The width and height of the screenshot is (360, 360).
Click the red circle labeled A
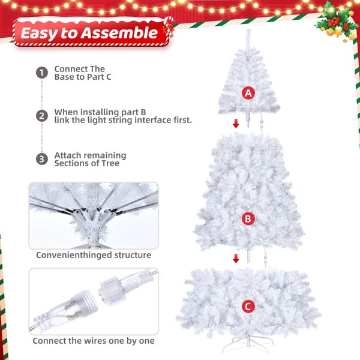pyautogui.click(x=248, y=93)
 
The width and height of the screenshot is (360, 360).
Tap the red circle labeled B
pyautogui.click(x=248, y=219)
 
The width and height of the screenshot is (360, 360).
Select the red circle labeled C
pyautogui.click(x=248, y=307)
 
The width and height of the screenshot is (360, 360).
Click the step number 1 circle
pyautogui.click(x=41, y=73)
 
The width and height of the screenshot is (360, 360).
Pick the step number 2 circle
pyautogui.click(x=41, y=116)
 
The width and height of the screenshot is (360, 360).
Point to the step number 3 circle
pyautogui.click(x=41, y=159)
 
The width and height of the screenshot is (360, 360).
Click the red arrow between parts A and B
pyautogui.click(x=236, y=124)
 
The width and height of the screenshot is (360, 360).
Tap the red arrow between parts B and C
pyautogui.click(x=236, y=259)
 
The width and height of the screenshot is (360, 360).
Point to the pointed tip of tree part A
pyautogui.click(x=247, y=33)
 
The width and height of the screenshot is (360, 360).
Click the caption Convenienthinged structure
pyautogui.click(x=94, y=255)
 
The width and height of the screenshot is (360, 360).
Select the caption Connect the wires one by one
pyautogui.click(x=94, y=341)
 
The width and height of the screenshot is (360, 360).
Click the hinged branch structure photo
pyautogui.click(x=94, y=215)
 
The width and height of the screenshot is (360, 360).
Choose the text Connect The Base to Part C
pyautogui.click(x=82, y=73)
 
